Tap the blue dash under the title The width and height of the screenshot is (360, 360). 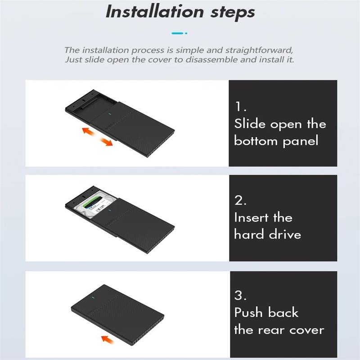coord(178,33)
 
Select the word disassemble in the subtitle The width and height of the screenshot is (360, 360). coord(200,60)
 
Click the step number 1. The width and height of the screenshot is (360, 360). coord(240,107)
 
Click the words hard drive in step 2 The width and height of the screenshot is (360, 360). coord(267,234)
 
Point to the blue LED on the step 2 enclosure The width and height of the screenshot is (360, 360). coord(108,210)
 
